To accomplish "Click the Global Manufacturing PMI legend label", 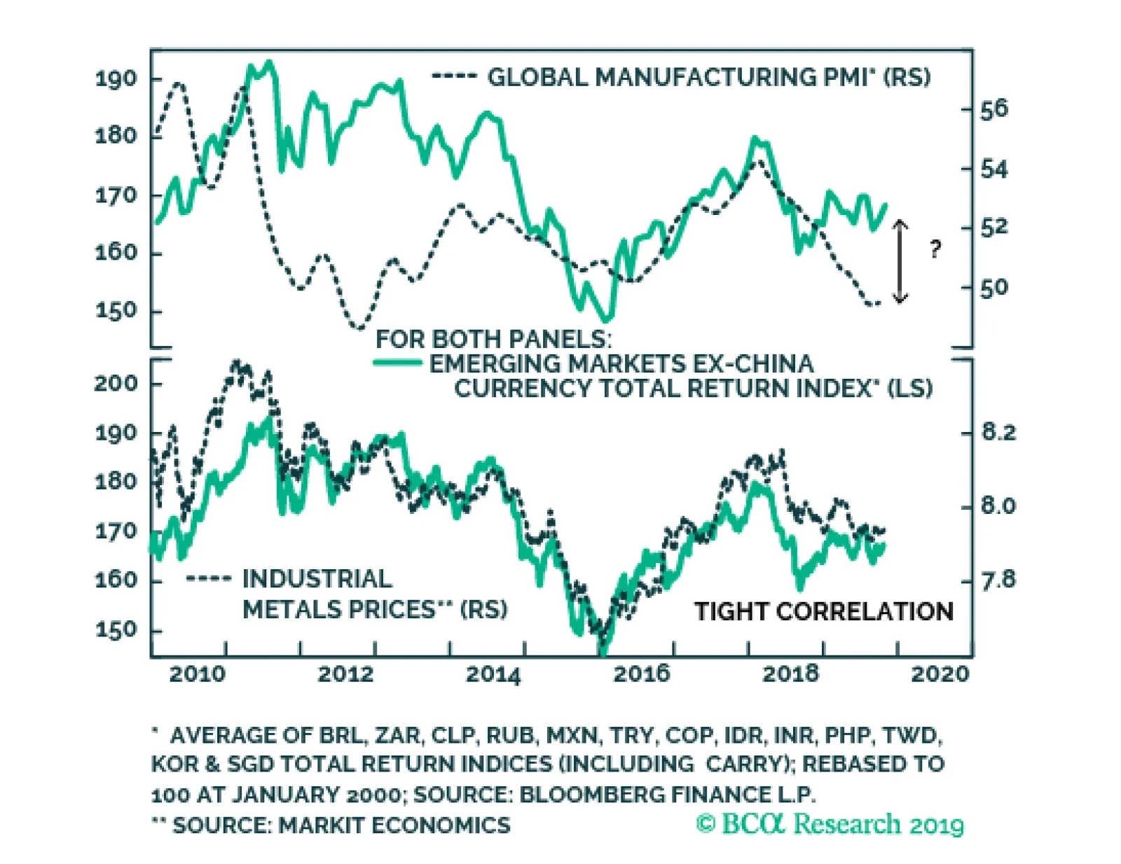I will tap(708, 77).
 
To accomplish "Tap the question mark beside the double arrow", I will tap(935, 249).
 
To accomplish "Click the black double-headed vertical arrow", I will tap(900, 260).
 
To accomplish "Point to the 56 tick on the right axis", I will tap(993, 109).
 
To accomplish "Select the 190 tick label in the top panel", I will tap(116, 78).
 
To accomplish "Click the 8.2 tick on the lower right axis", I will tap(998, 432).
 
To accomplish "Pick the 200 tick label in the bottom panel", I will tap(116, 383).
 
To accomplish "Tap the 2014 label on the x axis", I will tap(493, 674).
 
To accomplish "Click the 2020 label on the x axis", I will tap(940, 674).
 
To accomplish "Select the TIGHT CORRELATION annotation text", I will tap(823, 611).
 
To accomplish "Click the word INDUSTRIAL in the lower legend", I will tap(317, 579).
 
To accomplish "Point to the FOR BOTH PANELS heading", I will tap(493, 339).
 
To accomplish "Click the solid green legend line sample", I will tap(397, 363).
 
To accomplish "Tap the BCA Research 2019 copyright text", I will tap(830, 824).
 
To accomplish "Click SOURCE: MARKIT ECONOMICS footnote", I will tap(341, 825).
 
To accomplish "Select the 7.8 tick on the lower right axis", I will tap(998, 580).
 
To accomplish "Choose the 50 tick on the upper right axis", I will tap(993, 288).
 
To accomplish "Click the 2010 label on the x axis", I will tap(198, 674).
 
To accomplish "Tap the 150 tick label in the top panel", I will tap(116, 311).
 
